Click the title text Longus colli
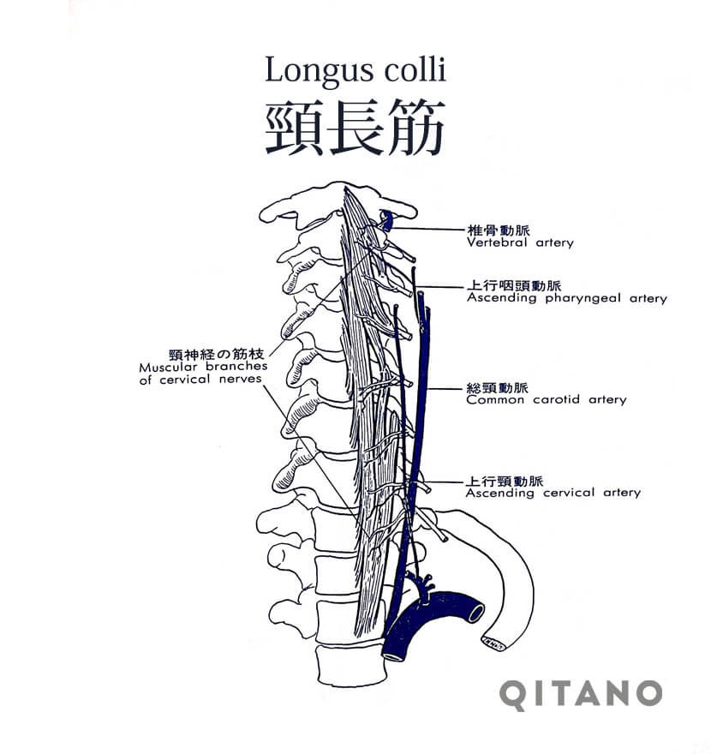tap(355, 69)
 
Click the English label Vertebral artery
tap(520, 242)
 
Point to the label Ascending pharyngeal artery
tap(566, 298)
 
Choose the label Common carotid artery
tap(546, 399)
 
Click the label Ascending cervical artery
tap(553, 493)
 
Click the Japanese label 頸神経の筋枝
tap(218, 354)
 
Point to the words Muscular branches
tap(203, 367)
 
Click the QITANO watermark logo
tap(581, 694)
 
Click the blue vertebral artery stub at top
tap(387, 222)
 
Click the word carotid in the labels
tap(557, 399)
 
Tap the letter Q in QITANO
tap(513, 694)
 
